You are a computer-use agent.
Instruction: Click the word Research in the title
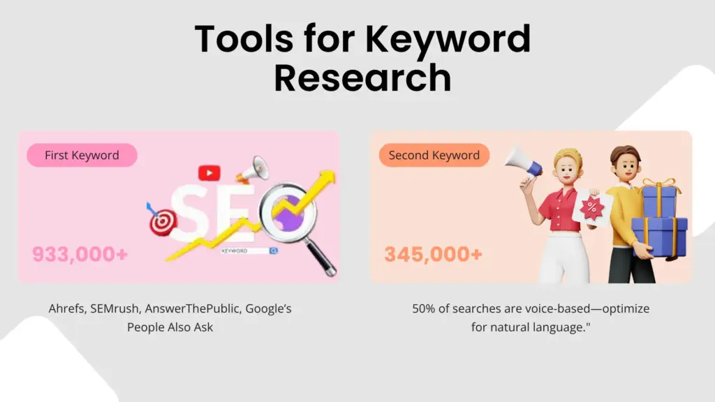click(x=362, y=78)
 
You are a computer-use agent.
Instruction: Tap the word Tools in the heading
click(x=244, y=39)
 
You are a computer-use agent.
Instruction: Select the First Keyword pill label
click(x=82, y=155)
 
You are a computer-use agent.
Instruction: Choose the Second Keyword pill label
click(x=434, y=155)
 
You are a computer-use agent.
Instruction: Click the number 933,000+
click(x=80, y=254)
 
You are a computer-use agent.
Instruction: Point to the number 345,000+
click(x=433, y=254)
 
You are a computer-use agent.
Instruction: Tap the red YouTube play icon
click(x=209, y=173)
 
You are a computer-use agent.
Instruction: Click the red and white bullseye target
click(x=162, y=223)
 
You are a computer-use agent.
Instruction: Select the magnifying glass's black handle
click(x=321, y=258)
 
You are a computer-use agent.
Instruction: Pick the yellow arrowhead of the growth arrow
click(x=327, y=179)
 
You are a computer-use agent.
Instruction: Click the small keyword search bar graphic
click(x=249, y=251)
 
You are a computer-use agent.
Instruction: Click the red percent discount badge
click(x=592, y=208)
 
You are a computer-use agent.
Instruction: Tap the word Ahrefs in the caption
click(x=67, y=308)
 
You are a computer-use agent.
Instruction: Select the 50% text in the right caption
click(x=424, y=308)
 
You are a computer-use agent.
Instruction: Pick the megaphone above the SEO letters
click(x=253, y=170)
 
